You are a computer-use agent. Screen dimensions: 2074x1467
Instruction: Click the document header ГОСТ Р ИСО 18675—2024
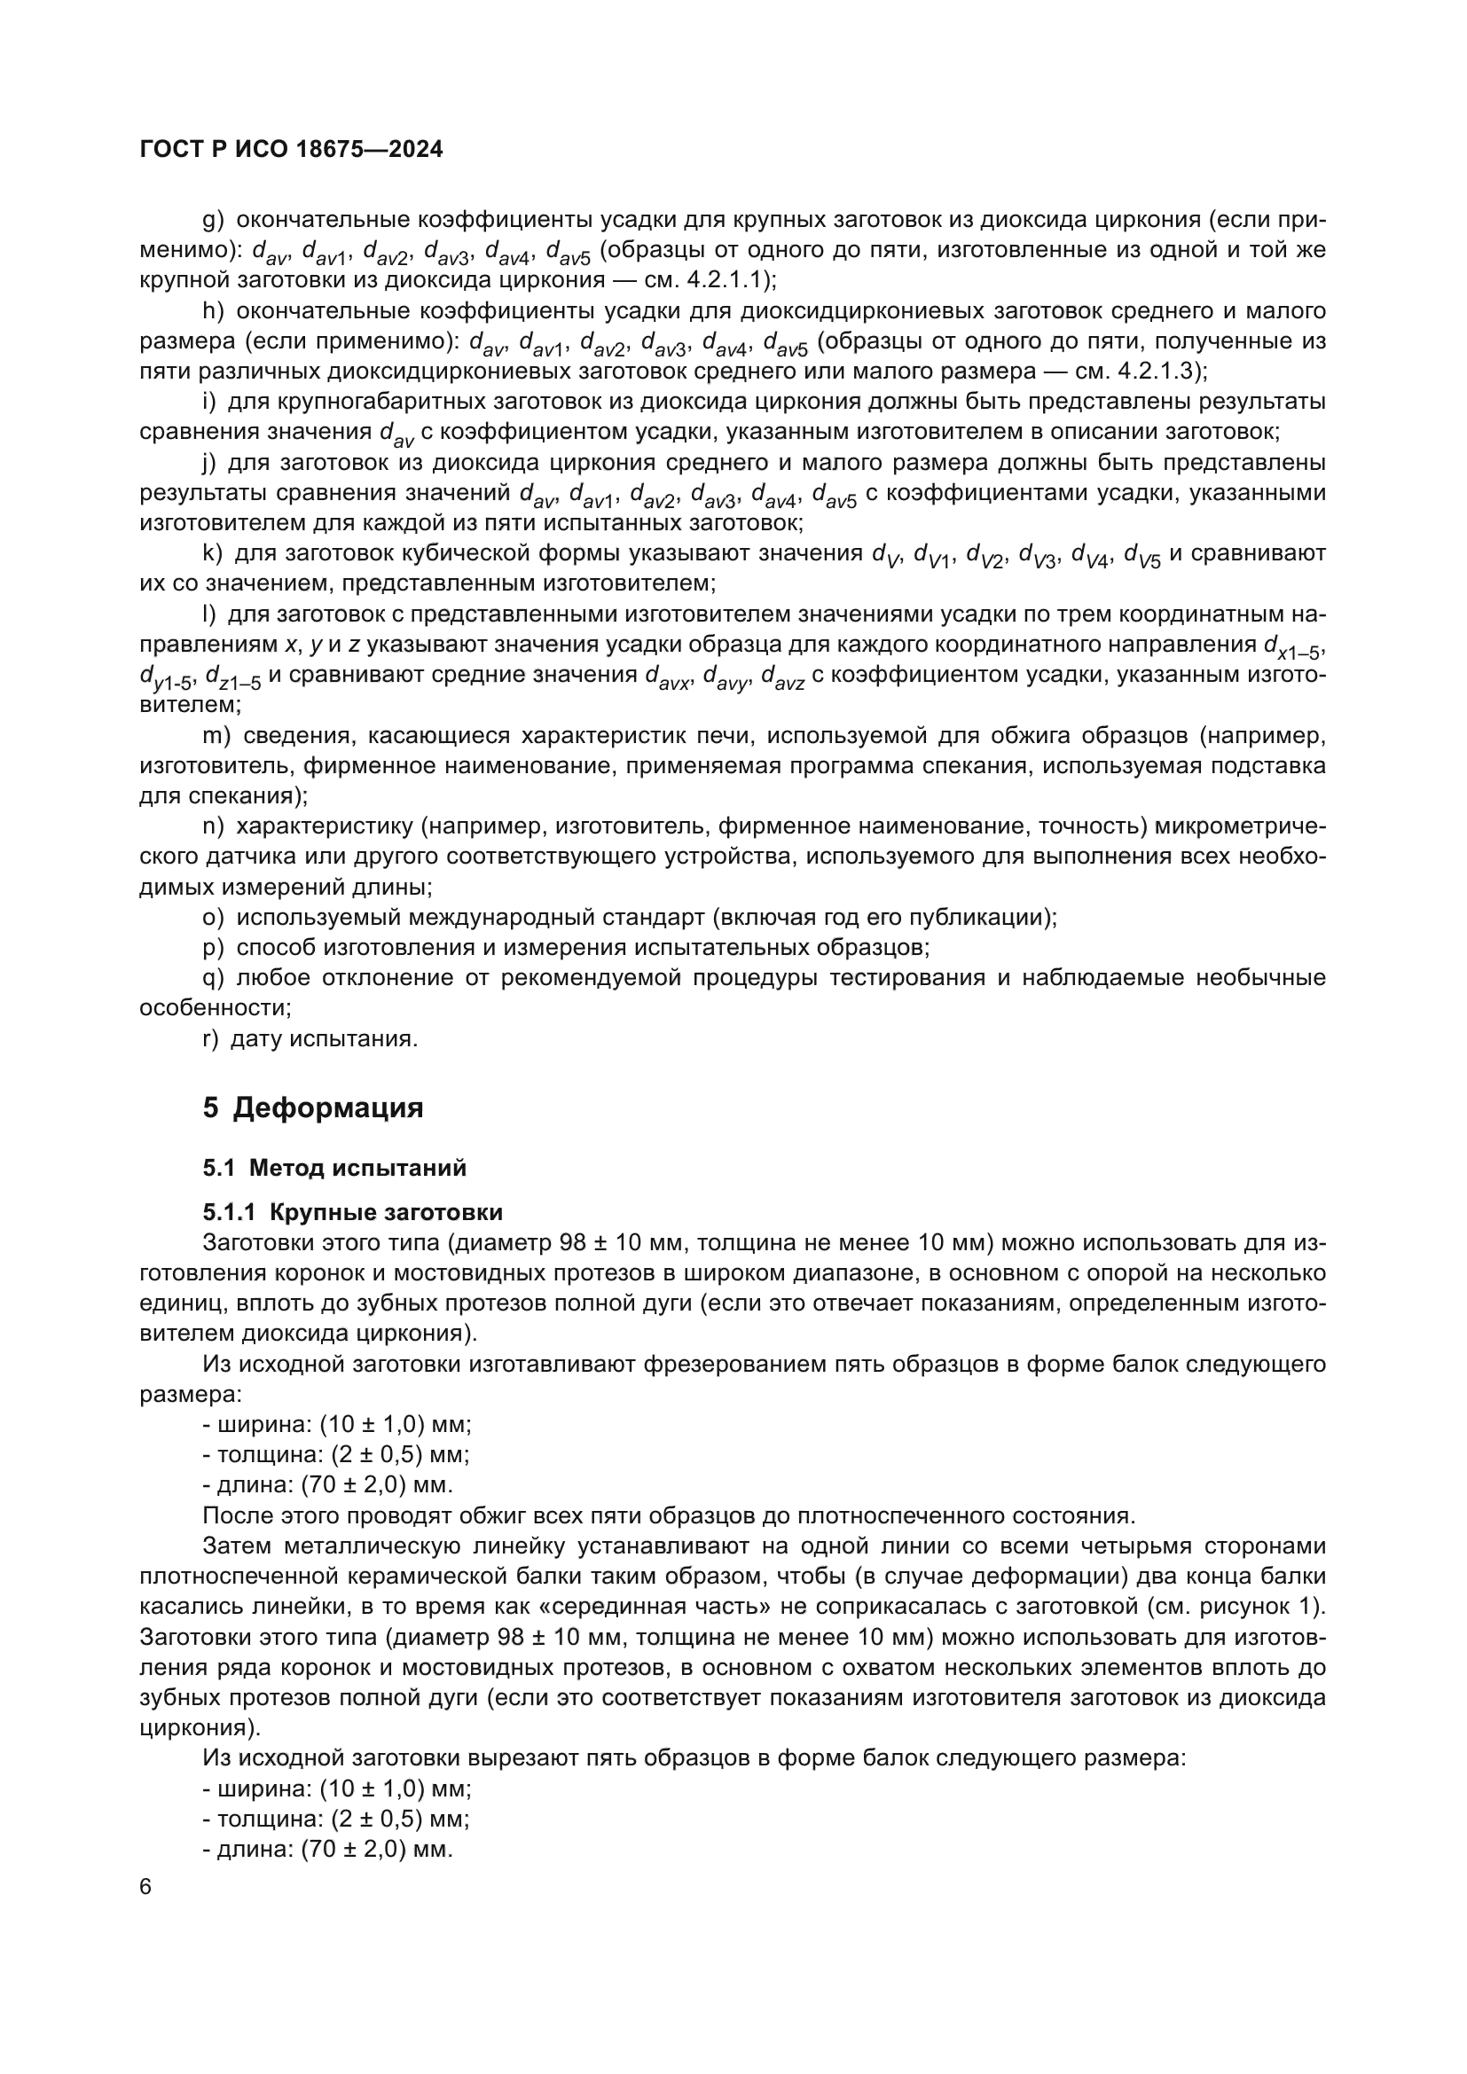tap(292, 150)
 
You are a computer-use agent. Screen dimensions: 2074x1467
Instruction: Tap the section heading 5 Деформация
tap(312, 1107)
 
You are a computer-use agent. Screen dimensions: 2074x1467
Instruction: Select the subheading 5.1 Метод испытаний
tap(334, 1168)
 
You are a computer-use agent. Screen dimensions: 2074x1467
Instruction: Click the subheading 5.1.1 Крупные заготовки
tap(352, 1212)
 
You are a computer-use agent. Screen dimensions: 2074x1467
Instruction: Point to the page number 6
tap(146, 1888)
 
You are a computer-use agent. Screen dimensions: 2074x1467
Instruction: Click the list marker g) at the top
tap(213, 220)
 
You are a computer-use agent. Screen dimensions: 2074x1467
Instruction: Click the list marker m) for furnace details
tap(216, 736)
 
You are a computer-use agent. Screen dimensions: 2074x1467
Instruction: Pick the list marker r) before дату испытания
tap(210, 1039)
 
